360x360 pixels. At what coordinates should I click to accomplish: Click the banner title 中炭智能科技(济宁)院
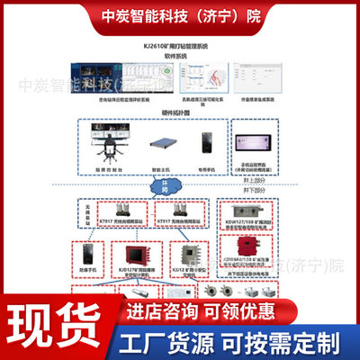click(179, 15)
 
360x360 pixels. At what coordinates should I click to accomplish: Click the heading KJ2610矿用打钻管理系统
click(179, 41)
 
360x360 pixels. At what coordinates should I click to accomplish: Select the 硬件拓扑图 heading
click(179, 113)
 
